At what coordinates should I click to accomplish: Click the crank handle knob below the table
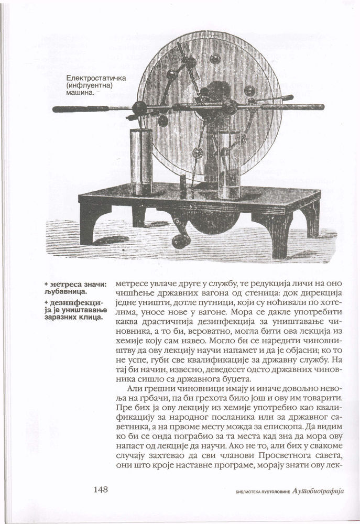tap(181, 240)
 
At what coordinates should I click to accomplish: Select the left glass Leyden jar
tap(141, 161)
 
